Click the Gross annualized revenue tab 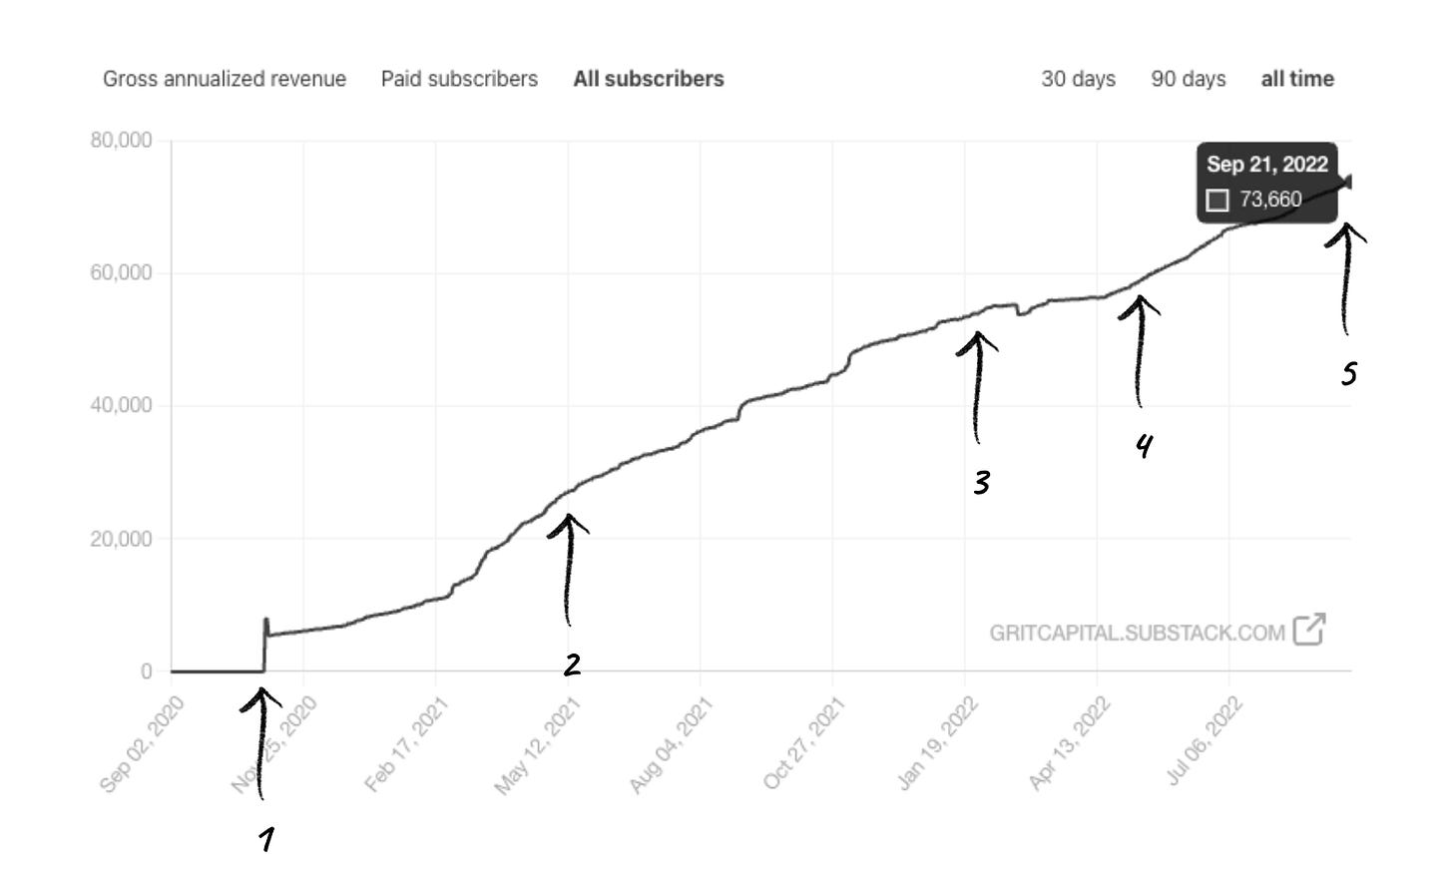225,79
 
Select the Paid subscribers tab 459,79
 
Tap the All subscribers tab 649,79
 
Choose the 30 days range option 1078,79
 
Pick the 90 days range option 1188,79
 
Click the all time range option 1297,79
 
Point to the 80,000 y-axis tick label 122,141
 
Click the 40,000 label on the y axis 122,406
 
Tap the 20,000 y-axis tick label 122,539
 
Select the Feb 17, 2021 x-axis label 407,745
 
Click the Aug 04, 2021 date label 672,745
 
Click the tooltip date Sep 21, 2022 1266,165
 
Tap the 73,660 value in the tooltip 1270,200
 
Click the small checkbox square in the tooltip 1217,201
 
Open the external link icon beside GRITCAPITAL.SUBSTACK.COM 1308,630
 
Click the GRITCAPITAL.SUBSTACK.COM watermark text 1137,633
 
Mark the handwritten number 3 982,484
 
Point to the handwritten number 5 1348,374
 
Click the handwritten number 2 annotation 572,664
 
